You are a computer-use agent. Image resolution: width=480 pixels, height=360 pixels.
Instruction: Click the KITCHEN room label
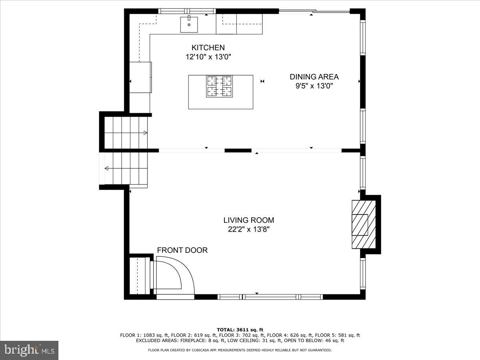(208, 48)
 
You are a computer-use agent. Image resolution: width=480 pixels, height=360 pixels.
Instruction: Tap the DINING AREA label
(314, 77)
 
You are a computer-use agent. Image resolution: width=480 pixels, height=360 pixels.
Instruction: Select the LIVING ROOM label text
(248, 220)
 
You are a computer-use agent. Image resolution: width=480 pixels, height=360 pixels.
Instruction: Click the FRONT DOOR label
(182, 250)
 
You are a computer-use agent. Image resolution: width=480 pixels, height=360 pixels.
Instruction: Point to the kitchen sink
(189, 24)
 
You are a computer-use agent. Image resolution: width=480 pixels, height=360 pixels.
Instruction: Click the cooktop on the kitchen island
(219, 86)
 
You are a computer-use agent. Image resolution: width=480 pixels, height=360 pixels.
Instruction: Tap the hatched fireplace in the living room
(363, 224)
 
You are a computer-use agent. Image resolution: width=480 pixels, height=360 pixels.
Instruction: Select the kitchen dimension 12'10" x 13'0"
(208, 57)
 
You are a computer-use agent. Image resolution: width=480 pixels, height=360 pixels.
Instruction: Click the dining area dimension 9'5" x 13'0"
(314, 86)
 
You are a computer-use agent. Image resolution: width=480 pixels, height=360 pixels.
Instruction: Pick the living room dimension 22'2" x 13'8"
(248, 229)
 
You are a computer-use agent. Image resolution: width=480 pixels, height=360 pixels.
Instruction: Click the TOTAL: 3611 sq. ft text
(240, 330)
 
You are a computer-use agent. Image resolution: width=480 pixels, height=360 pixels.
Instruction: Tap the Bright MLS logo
(29, 350)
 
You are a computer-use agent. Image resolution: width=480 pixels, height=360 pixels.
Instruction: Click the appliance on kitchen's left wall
(140, 77)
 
